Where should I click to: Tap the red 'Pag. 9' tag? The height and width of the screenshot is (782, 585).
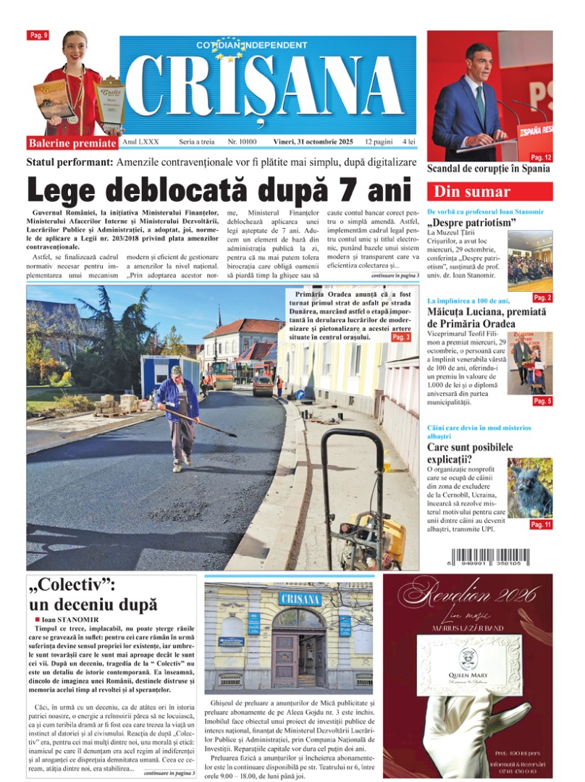tap(38, 35)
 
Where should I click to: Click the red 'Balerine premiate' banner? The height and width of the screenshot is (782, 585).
tap(73, 143)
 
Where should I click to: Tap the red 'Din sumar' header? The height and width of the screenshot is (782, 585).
tap(489, 192)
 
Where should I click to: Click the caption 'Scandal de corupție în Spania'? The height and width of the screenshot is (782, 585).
tap(489, 169)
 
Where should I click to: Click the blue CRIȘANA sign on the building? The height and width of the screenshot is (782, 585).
tap(299, 599)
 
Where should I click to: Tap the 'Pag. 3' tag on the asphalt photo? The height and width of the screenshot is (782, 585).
tap(400, 337)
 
